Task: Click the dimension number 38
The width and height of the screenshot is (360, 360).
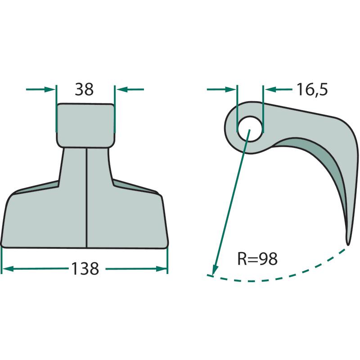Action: pyautogui.click(x=84, y=89)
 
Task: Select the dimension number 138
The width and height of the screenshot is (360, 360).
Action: pyautogui.click(x=85, y=269)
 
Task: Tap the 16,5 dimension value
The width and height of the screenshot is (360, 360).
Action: pyautogui.click(x=312, y=89)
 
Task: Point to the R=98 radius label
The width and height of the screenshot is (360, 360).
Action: pyautogui.click(x=257, y=259)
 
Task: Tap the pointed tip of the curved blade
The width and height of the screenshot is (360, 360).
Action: pyautogui.click(x=348, y=244)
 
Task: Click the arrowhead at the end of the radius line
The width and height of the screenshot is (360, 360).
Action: pyautogui.click(x=216, y=269)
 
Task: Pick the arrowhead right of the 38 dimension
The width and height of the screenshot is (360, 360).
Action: pyautogui.click(x=121, y=89)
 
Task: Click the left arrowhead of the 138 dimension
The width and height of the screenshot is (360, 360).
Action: pyautogui.click(x=7, y=269)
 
